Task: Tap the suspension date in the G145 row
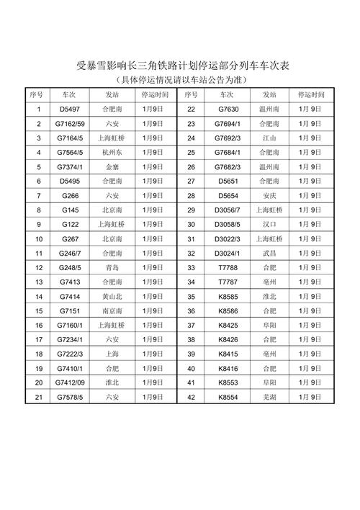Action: click(153, 210)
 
